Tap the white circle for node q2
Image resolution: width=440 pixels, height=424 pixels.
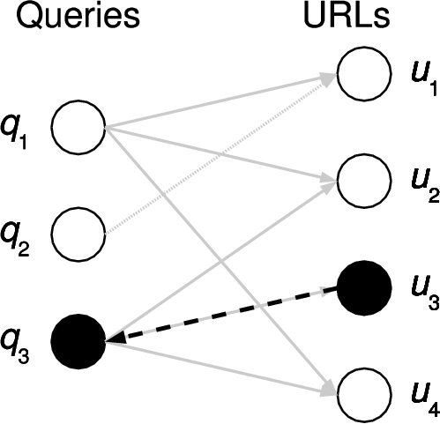tap(78, 234)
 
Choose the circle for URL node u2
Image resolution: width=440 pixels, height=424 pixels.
tap(365, 181)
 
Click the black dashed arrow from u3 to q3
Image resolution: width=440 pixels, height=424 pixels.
tap(220, 313)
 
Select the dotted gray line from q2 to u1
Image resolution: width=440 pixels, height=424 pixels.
tap(220, 154)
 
